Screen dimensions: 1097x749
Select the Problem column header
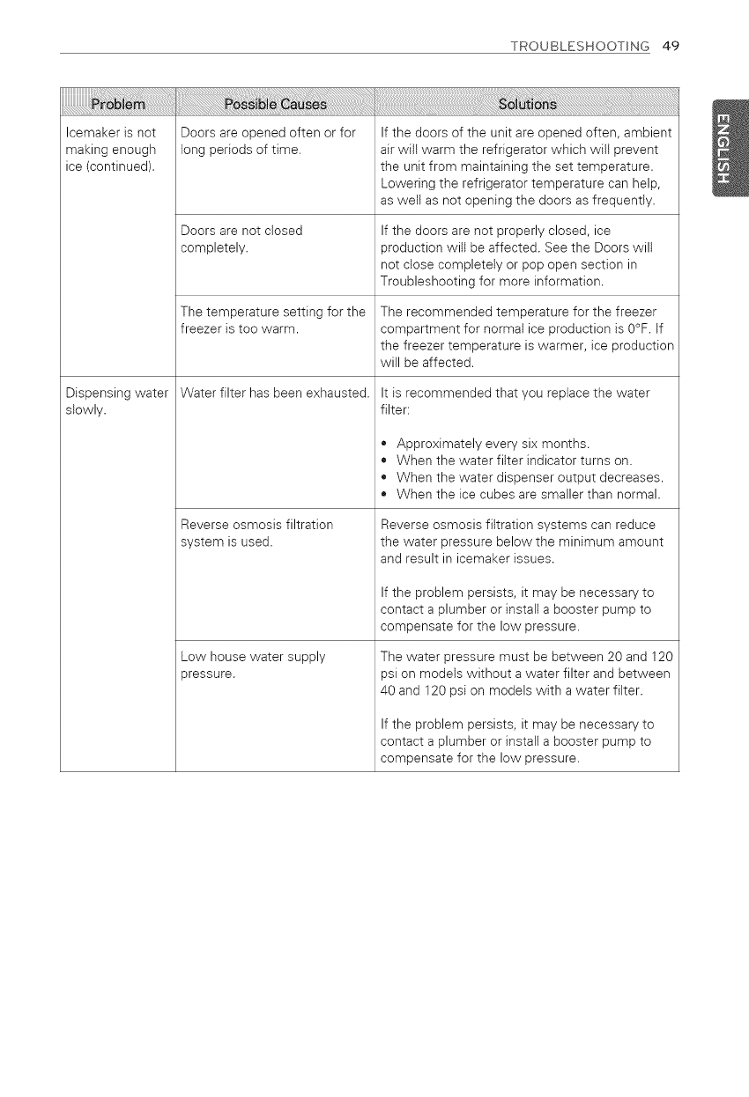118,106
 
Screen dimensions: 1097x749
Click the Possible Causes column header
275,106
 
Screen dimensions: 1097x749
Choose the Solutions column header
527,106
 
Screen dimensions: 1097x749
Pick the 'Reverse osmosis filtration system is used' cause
256,533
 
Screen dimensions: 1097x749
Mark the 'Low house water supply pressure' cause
253,665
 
